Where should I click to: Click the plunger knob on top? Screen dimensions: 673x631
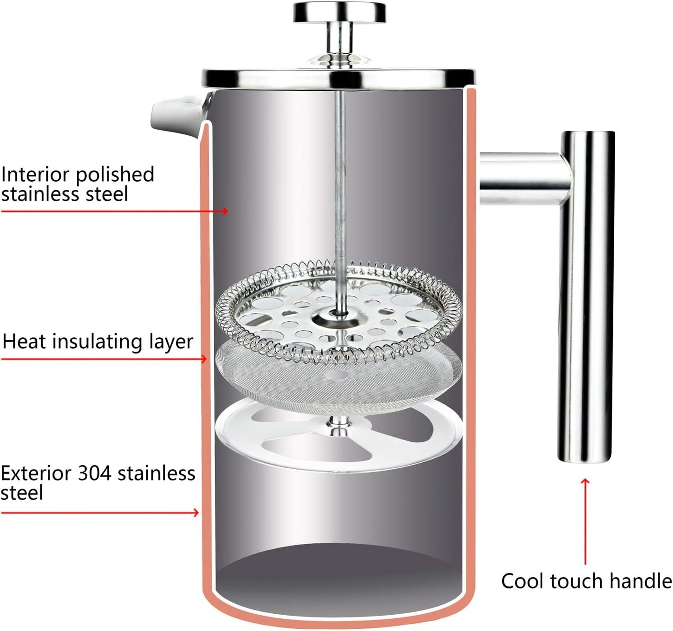pos(339,13)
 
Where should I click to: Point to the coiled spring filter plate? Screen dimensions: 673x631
pos(339,312)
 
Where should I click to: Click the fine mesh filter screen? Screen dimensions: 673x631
pos(339,377)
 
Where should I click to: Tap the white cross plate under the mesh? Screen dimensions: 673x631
pos(339,434)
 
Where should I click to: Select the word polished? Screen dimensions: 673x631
pos(115,175)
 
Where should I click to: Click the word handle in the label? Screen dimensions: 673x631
pos(640,581)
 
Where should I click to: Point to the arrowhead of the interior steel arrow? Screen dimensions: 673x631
pos(225,211)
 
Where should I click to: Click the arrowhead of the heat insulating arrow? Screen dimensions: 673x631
pos(204,359)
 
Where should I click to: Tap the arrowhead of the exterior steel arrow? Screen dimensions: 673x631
pos(196,512)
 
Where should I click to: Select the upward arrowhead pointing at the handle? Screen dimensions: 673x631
pos(585,481)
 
